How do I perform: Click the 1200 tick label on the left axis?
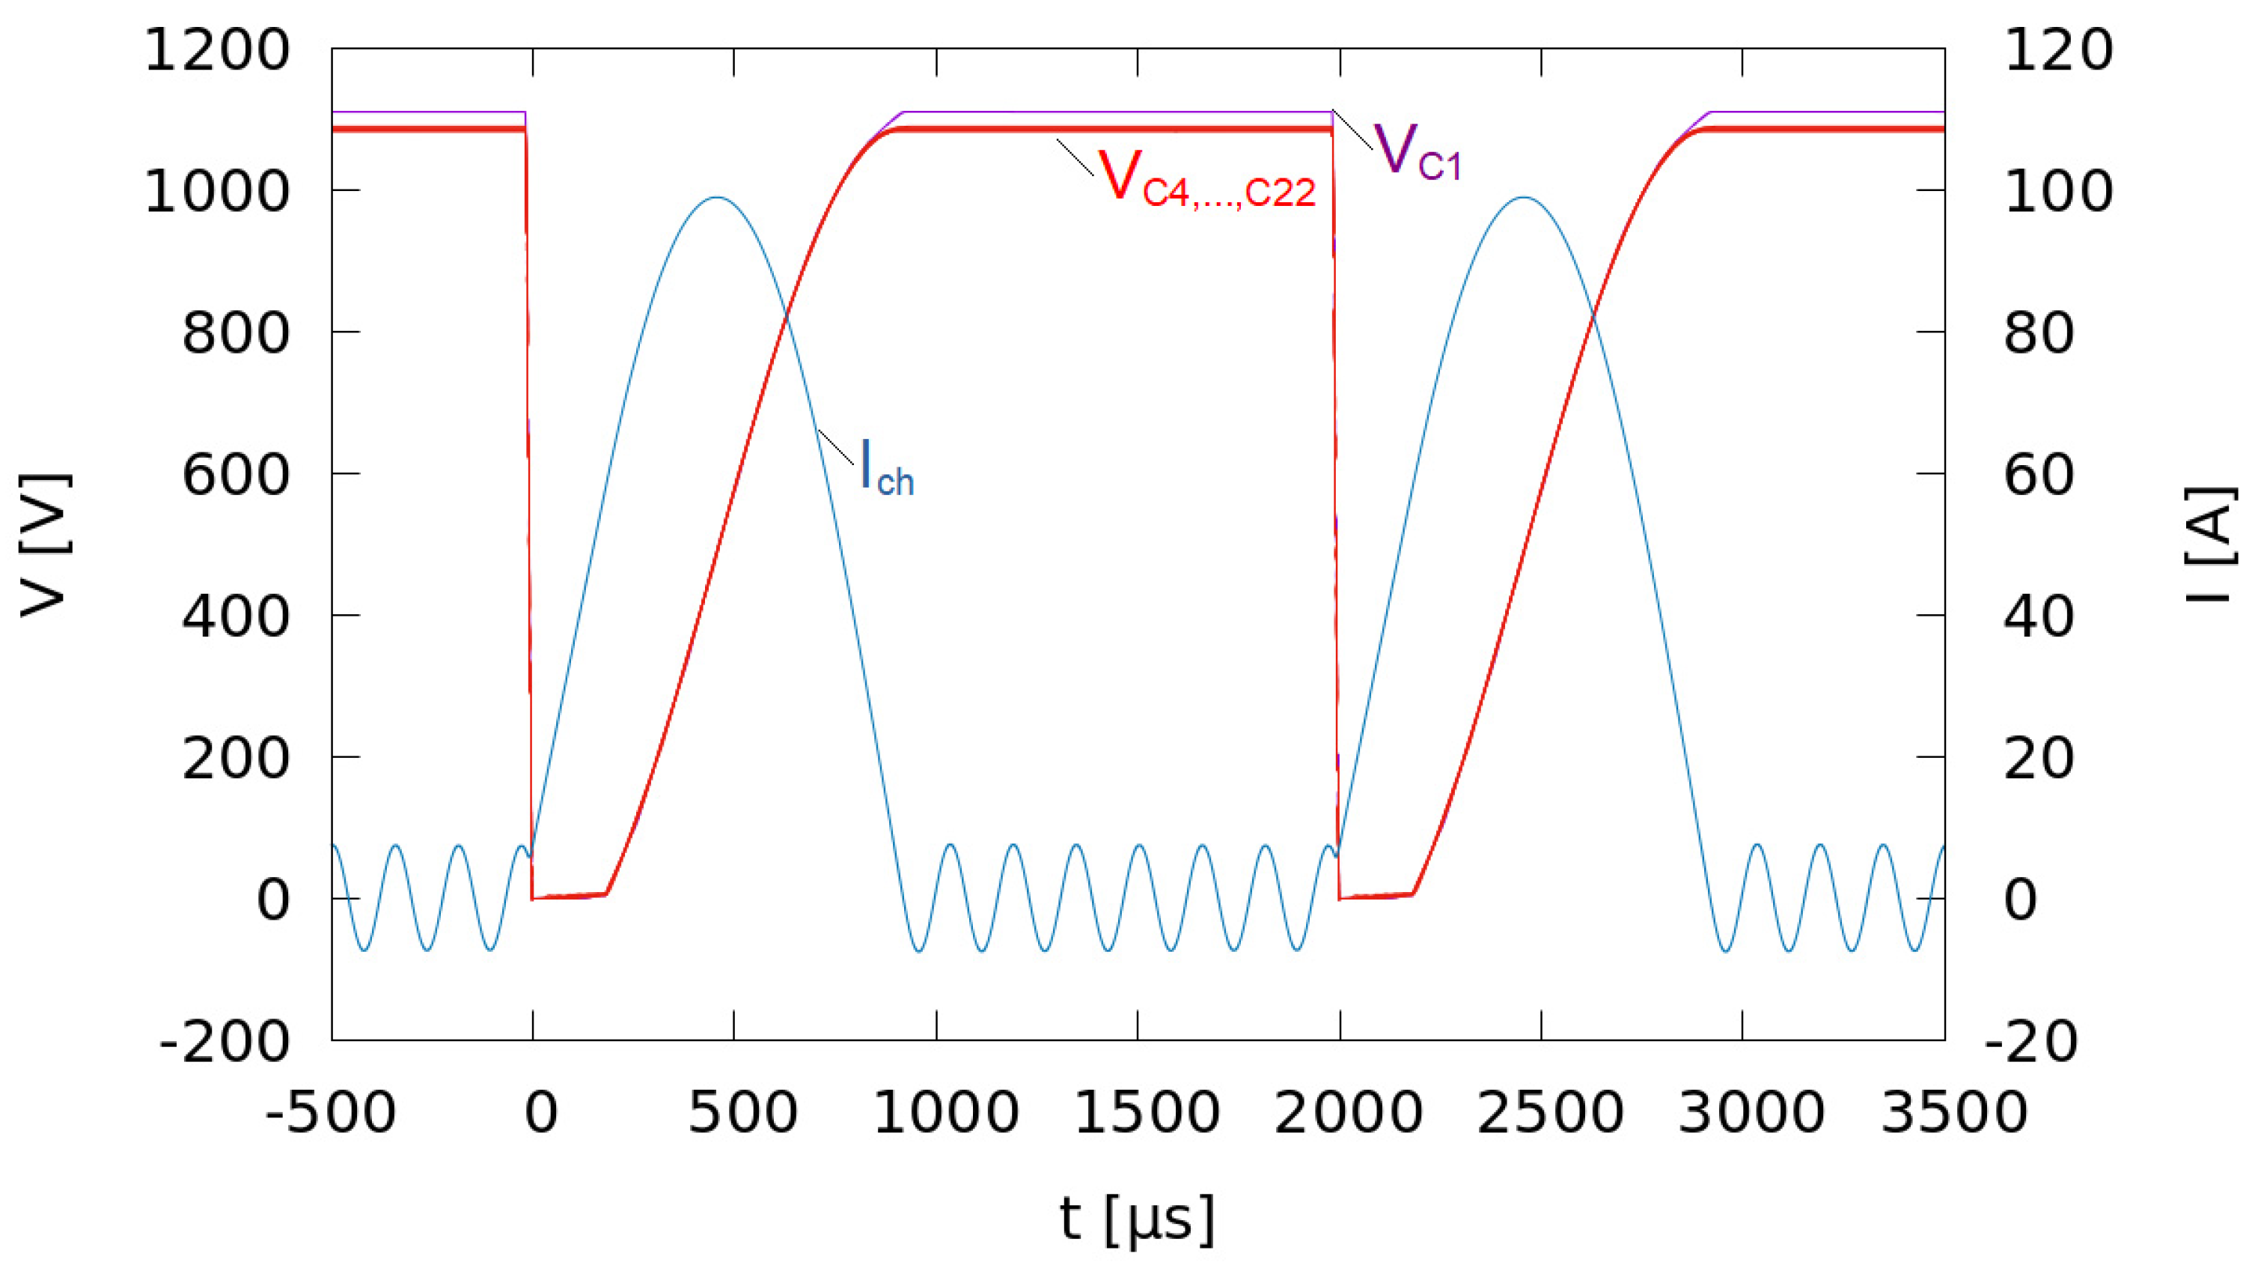(216, 50)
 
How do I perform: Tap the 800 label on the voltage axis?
(235, 333)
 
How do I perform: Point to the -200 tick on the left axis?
(225, 1042)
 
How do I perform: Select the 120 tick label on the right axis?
(2058, 50)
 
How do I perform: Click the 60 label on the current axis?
(2039, 476)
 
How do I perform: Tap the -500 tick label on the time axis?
(331, 1113)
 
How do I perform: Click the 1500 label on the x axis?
(1147, 1113)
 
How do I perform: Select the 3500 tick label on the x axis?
(1954, 1113)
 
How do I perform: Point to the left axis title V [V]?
(44, 544)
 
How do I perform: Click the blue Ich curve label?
(886, 467)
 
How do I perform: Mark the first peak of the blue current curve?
(717, 197)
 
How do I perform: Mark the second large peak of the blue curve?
(1525, 197)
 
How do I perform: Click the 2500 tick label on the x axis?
(1550, 1113)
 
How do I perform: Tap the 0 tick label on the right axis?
(2021, 900)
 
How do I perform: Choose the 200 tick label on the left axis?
(235, 759)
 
